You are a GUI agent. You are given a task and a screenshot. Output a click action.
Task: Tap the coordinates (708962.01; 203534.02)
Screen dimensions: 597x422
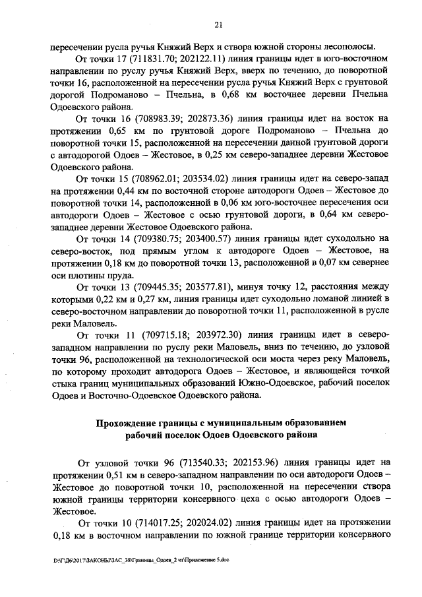click(x=174, y=179)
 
